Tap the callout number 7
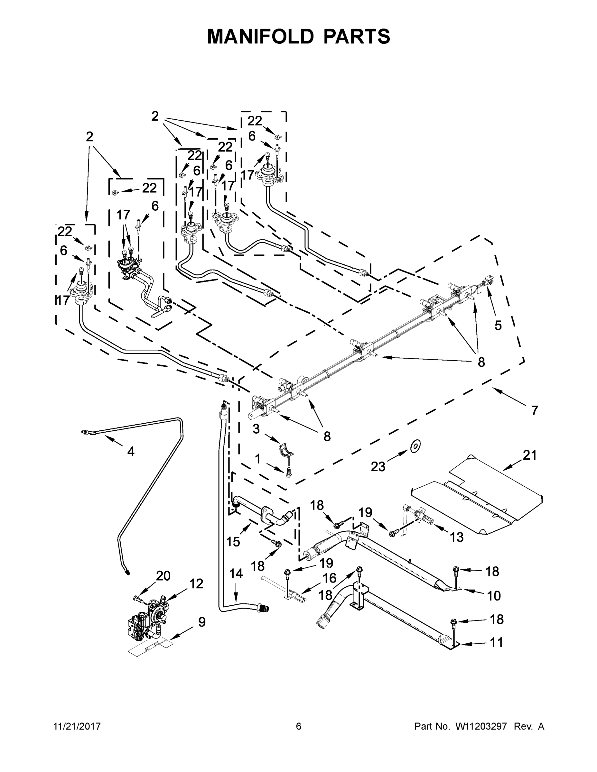(534, 410)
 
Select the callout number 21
(530, 455)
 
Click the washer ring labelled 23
(415, 446)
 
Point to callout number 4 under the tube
(131, 451)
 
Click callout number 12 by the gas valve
(196, 584)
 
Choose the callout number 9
(201, 622)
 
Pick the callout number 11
(496, 642)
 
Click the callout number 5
(498, 326)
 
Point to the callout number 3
(256, 429)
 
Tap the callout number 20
(163, 576)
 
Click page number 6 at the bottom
(299, 726)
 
